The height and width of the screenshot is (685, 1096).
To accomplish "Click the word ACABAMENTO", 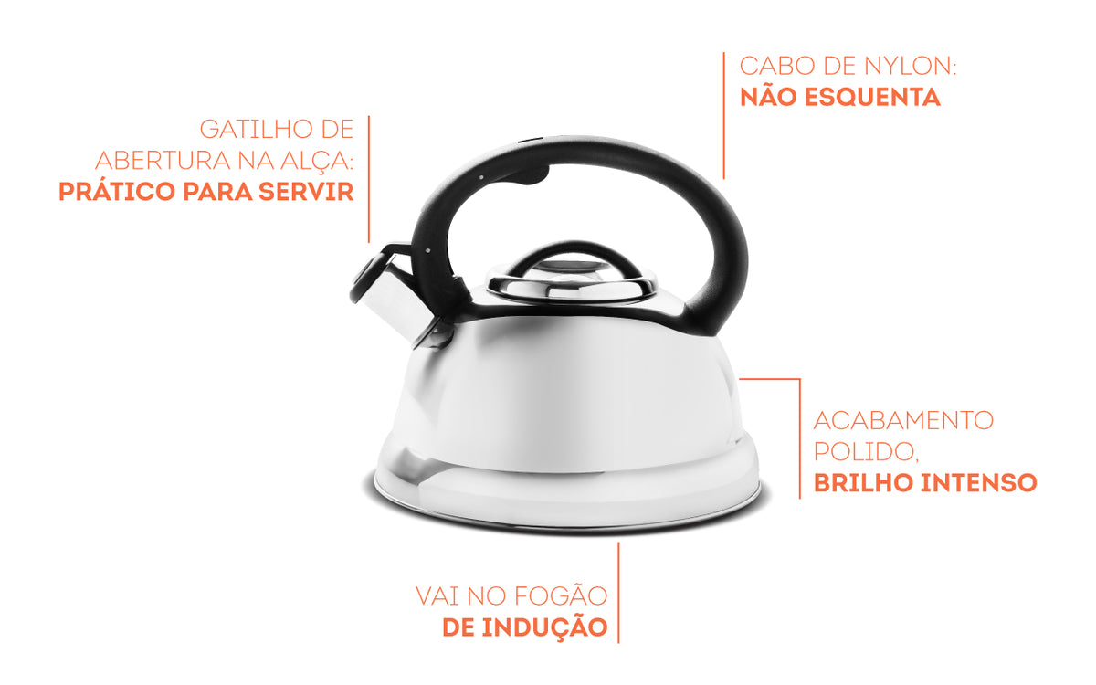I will (x=903, y=421).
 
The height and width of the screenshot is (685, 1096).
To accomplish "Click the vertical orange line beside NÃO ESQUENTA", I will (x=724, y=114).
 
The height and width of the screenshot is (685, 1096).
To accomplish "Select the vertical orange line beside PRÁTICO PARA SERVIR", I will (x=369, y=178).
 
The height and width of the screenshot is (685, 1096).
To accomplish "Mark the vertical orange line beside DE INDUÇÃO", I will (x=619, y=592).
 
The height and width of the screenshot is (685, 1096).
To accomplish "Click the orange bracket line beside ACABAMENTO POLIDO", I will (x=799, y=438).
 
